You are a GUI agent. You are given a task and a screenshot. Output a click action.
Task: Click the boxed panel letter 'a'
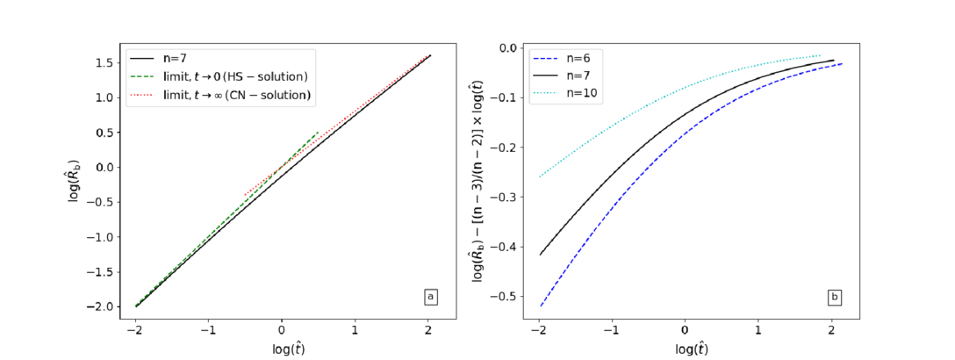430,298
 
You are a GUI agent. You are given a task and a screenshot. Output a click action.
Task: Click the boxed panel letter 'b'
834,298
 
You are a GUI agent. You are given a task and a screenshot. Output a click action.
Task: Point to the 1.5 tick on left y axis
104,62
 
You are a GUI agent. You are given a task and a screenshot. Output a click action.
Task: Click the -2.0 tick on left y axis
101,306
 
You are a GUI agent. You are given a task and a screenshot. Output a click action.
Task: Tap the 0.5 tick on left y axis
104,133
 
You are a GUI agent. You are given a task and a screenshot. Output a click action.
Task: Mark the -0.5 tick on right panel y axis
505,297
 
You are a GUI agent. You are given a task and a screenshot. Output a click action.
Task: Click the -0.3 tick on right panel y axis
505,197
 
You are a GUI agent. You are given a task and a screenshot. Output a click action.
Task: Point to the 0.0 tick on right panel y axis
507,47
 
